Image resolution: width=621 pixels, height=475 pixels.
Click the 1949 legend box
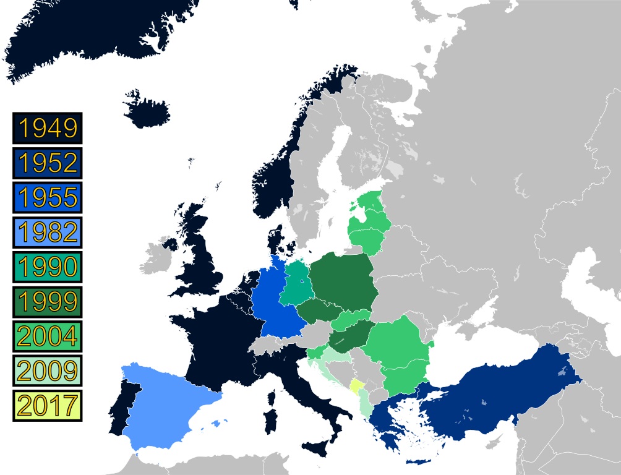coord(47,128)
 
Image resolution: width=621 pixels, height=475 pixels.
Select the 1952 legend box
coord(47,163)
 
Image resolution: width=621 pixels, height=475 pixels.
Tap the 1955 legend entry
coord(47,198)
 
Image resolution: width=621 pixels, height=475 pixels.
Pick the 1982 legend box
coord(47,233)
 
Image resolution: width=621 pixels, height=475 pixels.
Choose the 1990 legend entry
coord(47,267)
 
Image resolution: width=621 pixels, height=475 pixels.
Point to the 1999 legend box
coord(47,302)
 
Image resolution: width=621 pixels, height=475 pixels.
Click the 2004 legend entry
coord(47,336)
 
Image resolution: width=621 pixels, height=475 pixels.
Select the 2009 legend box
coord(47,371)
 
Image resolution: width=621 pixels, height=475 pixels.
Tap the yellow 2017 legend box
coord(47,406)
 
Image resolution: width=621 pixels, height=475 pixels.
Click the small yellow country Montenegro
coord(357,388)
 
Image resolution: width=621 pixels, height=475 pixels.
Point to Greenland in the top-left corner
coord(93,37)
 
